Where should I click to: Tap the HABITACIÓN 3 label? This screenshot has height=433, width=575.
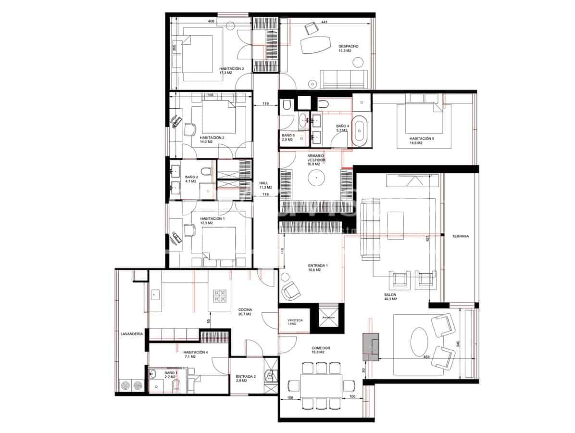[x=231, y=69]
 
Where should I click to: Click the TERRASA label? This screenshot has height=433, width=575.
[x=460, y=236]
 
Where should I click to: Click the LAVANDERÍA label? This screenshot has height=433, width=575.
[x=132, y=333]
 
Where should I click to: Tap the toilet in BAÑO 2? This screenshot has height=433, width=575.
[x=206, y=172]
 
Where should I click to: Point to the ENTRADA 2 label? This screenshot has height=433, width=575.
[x=246, y=378]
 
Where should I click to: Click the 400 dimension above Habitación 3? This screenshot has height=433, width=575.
[x=211, y=22]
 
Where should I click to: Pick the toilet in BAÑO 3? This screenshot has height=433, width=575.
[x=287, y=105]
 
